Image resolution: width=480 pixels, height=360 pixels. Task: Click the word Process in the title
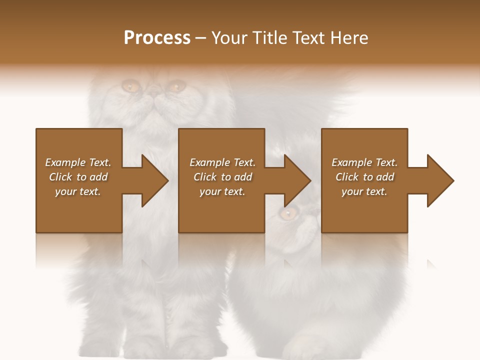(x=157, y=38)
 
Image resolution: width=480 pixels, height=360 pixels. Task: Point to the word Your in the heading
(x=230, y=38)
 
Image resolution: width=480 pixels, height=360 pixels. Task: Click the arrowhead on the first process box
(x=154, y=180)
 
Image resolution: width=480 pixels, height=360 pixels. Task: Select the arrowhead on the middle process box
(x=297, y=180)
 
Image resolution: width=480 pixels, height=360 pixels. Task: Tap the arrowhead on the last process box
(x=440, y=180)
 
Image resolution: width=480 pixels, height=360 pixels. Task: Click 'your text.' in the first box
(x=78, y=191)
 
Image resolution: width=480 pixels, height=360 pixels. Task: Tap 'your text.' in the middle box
(x=222, y=191)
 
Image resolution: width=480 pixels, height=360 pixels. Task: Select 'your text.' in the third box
(x=364, y=191)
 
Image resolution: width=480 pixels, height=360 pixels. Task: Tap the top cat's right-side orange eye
(x=175, y=87)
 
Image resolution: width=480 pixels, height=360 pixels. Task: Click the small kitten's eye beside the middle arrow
(x=287, y=214)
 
